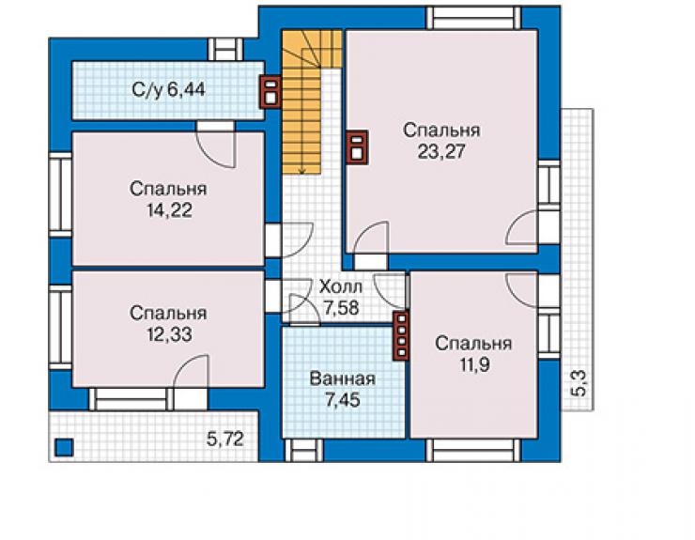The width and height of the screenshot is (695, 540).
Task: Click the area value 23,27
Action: (441, 151)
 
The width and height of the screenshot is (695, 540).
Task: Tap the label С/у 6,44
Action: (169, 90)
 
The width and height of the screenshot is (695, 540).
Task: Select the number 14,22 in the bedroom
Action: (170, 210)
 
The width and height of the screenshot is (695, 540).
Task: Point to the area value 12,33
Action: (170, 334)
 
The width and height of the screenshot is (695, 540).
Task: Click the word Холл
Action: (341, 286)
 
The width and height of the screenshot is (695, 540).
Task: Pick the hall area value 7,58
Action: (341, 308)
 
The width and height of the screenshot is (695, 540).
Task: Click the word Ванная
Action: (343, 379)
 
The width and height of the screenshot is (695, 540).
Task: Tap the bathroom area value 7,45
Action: (343, 400)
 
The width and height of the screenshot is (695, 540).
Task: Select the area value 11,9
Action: (474, 365)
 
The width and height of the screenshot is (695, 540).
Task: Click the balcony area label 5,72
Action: (225, 439)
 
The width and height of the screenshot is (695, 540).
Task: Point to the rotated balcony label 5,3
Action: (580, 384)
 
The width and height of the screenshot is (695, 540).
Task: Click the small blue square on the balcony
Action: (64, 447)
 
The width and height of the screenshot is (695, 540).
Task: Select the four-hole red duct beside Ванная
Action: (401, 335)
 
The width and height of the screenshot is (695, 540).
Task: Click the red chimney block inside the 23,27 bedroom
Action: (357, 147)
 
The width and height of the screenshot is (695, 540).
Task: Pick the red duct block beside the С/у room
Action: (270, 91)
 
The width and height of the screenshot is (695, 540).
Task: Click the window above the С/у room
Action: (225, 50)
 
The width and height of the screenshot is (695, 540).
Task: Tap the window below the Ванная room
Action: (303, 451)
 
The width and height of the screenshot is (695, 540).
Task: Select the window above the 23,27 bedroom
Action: (474, 18)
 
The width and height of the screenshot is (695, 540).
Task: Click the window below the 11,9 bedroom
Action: (474, 451)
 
